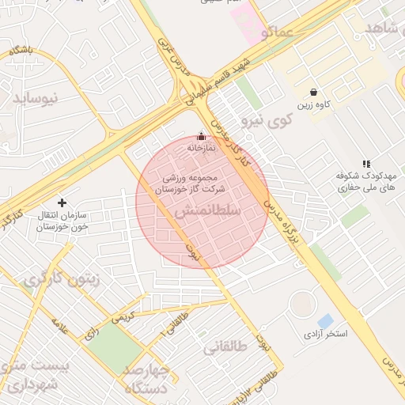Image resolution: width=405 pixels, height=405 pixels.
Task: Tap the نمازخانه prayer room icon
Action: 201,136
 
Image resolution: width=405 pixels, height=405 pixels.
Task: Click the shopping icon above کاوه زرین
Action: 315,92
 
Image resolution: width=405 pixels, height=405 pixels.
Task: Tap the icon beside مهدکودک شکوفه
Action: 365,163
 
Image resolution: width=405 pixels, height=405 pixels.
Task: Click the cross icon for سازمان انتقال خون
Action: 62,202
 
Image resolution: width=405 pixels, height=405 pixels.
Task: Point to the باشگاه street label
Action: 21,51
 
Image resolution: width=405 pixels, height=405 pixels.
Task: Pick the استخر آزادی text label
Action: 325,335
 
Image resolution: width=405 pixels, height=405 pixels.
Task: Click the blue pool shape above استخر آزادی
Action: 325,320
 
